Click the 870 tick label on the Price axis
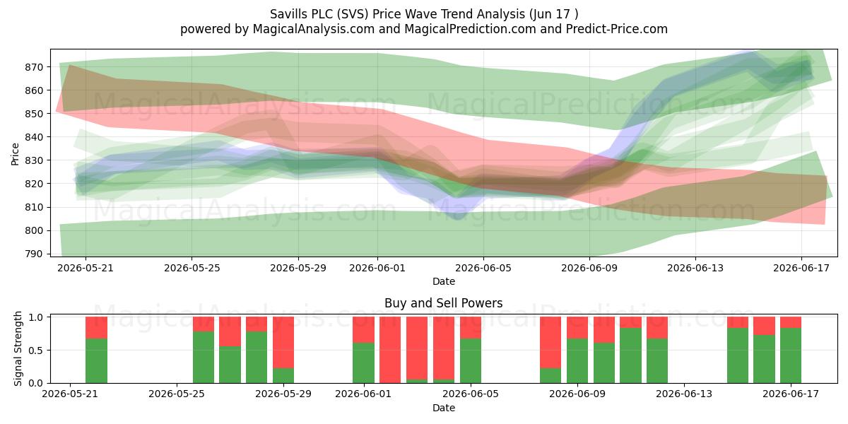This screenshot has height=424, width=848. coord(34,67)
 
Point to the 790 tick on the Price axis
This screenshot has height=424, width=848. coord(34,254)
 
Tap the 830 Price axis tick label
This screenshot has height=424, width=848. coord(34,160)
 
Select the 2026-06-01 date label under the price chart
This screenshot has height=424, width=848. coord(377,268)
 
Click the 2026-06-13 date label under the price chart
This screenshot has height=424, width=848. coord(695,268)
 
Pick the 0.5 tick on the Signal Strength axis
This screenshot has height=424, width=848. coord(36,351)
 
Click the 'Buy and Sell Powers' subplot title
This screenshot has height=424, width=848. coord(443,303)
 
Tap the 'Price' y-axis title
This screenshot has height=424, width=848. coord(15,154)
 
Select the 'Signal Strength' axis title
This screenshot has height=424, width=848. coord(18,348)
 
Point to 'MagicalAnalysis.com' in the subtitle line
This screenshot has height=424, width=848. coord(314,29)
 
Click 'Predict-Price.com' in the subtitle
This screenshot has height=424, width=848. coord(617,29)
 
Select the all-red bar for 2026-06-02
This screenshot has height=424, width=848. coord(390,350)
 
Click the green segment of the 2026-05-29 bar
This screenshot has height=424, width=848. coord(283,375)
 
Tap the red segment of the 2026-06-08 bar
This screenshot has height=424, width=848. coord(550,343)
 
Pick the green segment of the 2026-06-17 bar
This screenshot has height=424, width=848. coord(791,355)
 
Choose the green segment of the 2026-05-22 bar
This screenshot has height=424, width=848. coord(96,361)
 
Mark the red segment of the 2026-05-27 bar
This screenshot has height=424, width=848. coord(230,331)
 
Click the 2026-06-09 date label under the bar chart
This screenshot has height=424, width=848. coord(577,394)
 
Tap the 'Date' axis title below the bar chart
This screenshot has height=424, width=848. coord(444,408)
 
